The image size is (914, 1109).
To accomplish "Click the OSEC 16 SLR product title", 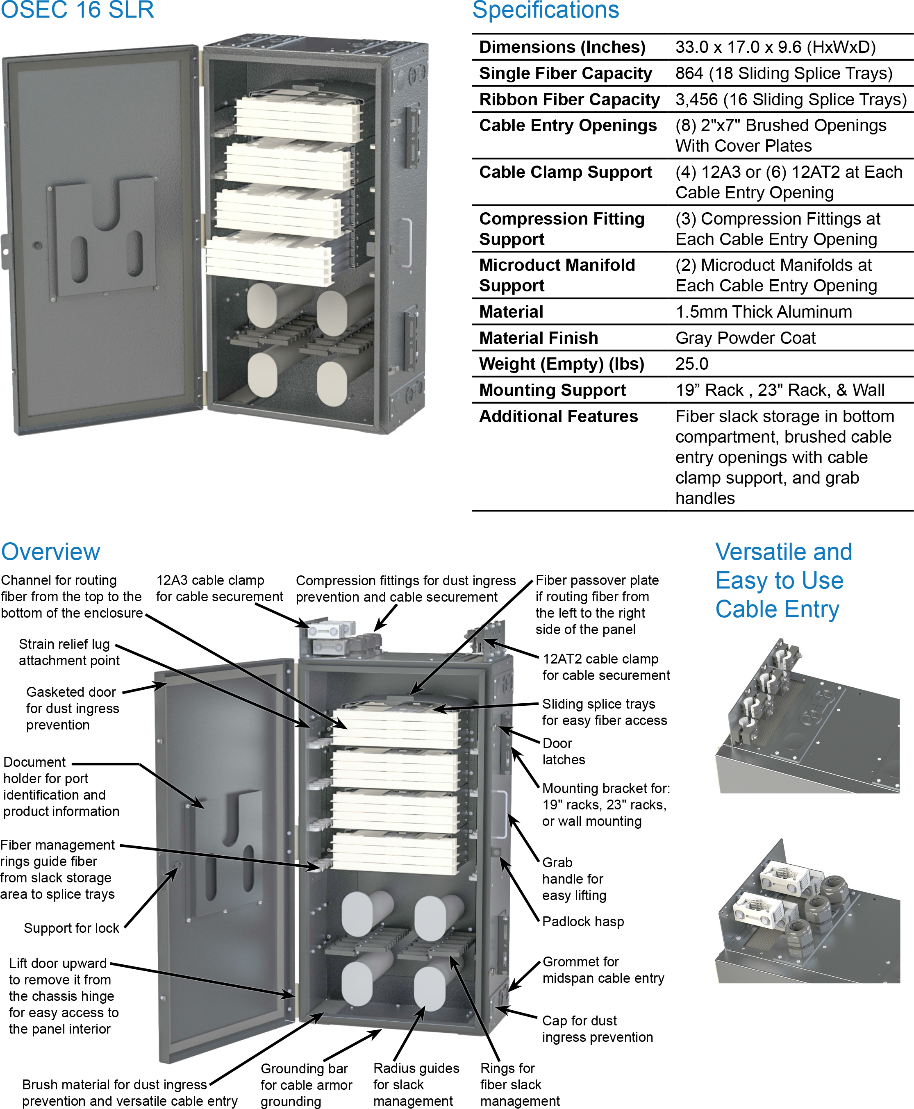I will point(77,9).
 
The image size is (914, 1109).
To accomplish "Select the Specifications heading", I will point(546,9).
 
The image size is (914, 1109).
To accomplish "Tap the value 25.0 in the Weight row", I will point(691,364).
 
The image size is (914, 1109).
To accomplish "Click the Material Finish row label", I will point(538,338).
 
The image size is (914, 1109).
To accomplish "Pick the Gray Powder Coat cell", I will point(745,338).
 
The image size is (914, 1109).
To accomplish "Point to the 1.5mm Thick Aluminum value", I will point(763,311).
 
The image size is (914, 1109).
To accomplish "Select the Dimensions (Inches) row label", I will point(562,47).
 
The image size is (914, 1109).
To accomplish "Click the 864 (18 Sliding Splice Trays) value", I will point(783,73).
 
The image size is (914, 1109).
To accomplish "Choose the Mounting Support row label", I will point(552,390).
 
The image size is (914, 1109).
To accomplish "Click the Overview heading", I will point(50,552).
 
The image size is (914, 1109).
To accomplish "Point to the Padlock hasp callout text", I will point(582,922).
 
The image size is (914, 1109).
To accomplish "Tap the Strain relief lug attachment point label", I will point(68,652).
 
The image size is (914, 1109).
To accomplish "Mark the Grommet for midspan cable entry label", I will point(603,970).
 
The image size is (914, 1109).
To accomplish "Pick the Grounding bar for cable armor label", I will point(305,1085).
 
